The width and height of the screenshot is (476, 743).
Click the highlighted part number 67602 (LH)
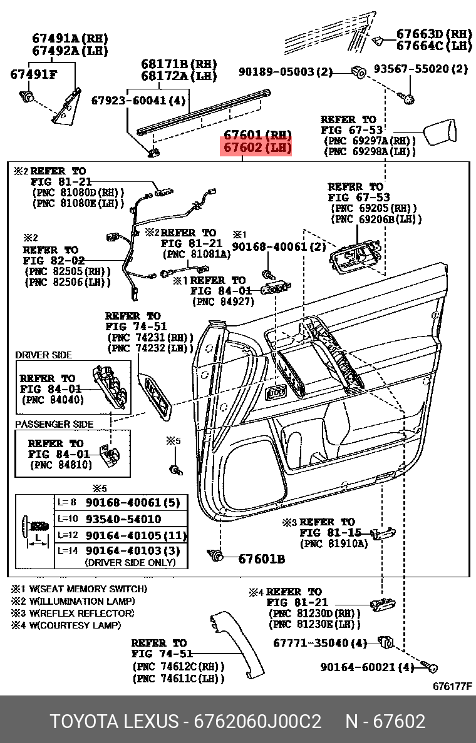point(255,149)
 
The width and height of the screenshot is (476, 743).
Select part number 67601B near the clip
point(261,559)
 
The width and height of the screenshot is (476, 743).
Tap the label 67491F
point(33,74)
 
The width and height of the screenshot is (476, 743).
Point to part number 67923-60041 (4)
point(138,100)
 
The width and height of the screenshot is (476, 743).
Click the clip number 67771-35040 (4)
point(320,643)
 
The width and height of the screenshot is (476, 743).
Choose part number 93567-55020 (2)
point(420,69)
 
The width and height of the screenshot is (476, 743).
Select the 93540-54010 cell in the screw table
point(123,519)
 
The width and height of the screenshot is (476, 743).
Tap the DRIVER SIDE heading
point(43,355)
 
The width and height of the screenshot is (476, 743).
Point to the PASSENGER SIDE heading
point(54,424)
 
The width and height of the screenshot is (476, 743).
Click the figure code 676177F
point(452,686)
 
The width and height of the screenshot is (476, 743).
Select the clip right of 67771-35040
point(385,642)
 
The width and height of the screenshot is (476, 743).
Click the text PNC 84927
point(224,301)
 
